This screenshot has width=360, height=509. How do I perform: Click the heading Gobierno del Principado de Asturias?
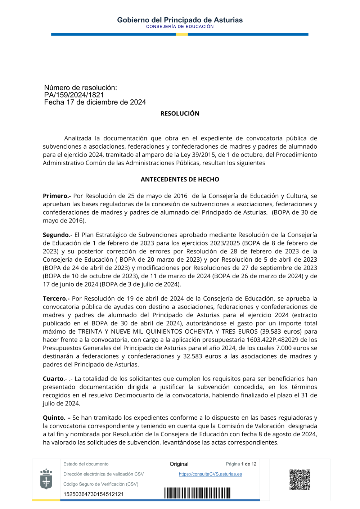click(180, 20)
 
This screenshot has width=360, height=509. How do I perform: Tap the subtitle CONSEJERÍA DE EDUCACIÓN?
click(180, 27)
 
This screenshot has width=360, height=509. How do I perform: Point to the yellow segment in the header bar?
click(182, 35)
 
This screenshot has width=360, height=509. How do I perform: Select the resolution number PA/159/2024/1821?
click(74, 95)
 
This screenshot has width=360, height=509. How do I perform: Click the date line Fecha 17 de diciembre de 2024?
click(95, 102)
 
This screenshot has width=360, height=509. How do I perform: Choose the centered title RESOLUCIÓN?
click(180, 114)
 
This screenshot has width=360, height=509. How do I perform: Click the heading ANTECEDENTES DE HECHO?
click(180, 179)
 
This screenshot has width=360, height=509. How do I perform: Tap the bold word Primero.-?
click(57, 196)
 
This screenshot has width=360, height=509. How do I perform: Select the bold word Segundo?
click(56, 235)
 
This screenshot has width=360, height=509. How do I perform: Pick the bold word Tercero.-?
click(56, 298)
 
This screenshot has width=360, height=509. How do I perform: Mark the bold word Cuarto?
click(53, 379)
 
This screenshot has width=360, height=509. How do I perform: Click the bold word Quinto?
click(54, 418)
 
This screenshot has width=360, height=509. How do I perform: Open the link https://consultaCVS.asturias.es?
click(210, 474)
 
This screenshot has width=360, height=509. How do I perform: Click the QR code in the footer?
click(300, 479)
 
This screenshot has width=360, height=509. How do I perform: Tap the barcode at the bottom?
click(197, 493)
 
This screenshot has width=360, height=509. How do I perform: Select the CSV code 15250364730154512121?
click(94, 494)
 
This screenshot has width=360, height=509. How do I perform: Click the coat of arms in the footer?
click(46, 479)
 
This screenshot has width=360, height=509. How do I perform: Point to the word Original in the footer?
click(179, 464)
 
